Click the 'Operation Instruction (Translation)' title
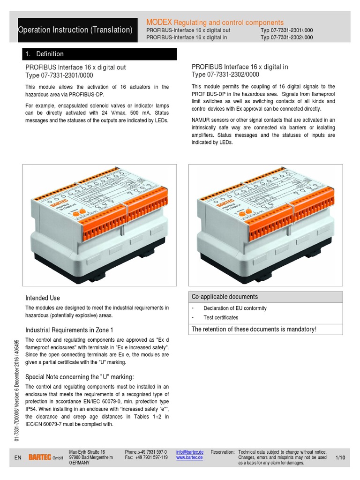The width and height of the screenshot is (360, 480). point(75,30)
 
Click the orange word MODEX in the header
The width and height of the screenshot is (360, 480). point(159,22)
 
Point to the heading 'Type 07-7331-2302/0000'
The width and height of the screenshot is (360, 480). point(225,75)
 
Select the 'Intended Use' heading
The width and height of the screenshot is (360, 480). point(43,298)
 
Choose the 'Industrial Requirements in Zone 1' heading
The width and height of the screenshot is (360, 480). point(69,330)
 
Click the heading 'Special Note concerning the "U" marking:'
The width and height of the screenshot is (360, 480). point(80,377)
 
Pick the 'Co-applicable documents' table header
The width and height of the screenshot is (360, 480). point(225,297)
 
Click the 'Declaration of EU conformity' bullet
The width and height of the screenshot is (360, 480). point(235,308)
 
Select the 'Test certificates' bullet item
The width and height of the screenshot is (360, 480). point(220,318)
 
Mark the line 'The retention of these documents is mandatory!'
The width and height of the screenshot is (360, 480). point(254,329)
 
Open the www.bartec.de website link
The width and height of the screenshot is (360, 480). point(189,457)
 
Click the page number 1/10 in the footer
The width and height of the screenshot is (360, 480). point(340,457)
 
